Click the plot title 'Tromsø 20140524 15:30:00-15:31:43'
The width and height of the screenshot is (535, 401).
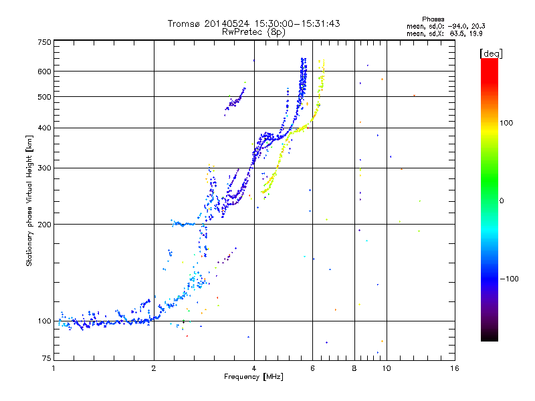pos(253,23)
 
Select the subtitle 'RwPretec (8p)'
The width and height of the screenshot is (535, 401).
pos(253,31)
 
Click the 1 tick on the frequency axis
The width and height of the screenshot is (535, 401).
pos(53,368)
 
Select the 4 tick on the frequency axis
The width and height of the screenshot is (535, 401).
pos(254,368)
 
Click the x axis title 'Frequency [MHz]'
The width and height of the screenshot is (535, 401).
pos(253,378)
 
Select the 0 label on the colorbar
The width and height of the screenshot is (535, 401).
pos(502,200)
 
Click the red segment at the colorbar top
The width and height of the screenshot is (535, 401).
pos(489,62)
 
